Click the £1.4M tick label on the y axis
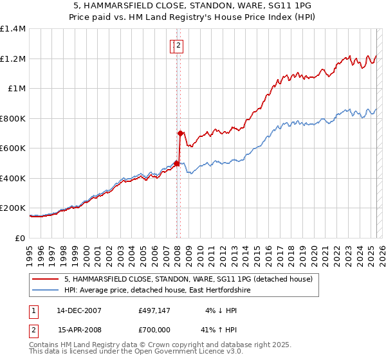click(x=13, y=29)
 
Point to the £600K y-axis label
click(x=13, y=148)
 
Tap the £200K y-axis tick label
click(x=13, y=208)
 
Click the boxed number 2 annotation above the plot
click(x=178, y=45)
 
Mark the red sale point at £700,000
click(x=180, y=134)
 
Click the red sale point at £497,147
click(x=176, y=164)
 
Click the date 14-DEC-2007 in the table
click(x=79, y=310)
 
